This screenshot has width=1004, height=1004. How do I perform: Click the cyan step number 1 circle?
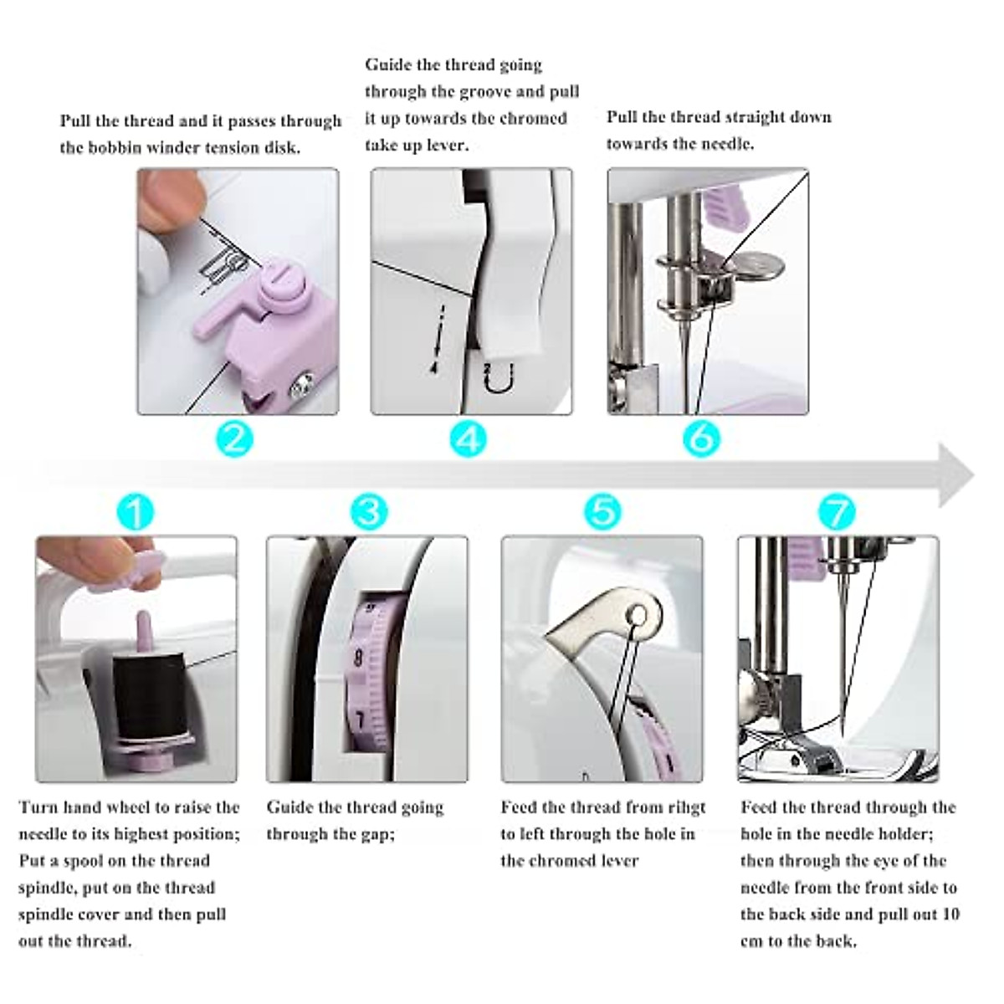pyautogui.click(x=135, y=511)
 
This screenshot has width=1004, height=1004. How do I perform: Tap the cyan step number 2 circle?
pyautogui.click(x=234, y=438)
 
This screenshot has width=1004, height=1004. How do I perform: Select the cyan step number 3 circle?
pyautogui.click(x=369, y=511)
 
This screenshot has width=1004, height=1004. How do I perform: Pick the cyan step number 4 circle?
pyautogui.click(x=468, y=438)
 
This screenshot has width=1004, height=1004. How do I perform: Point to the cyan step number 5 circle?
pyautogui.click(x=602, y=511)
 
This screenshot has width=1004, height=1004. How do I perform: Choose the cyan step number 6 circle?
pyautogui.click(x=701, y=438)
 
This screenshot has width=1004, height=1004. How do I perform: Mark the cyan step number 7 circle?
pyautogui.click(x=837, y=511)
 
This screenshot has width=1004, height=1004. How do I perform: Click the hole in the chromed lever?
pyautogui.click(x=637, y=616)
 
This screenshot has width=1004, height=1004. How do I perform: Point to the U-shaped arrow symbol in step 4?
pyautogui.click(x=499, y=379)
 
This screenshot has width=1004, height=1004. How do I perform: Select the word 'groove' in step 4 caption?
pyautogui.click(x=488, y=92)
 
